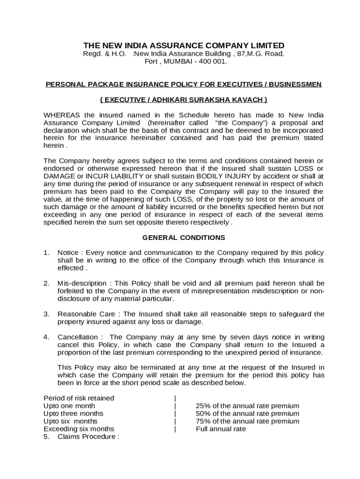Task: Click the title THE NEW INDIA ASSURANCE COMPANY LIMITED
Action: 184,45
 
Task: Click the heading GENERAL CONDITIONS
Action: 184,238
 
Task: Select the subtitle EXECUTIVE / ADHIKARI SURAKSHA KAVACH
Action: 184,100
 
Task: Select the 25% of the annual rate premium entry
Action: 247,406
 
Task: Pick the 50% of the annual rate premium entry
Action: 247,414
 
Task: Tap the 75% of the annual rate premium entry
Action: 247,421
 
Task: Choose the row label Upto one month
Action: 69,406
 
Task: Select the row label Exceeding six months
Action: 79,429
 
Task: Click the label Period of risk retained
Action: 79,398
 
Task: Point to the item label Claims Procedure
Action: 86,437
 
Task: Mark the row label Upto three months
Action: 73,414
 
